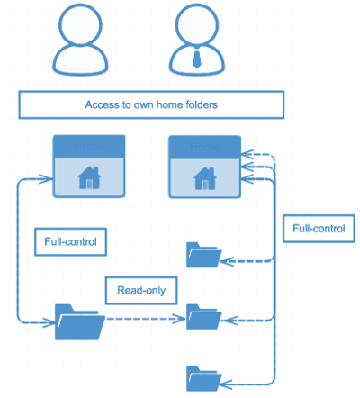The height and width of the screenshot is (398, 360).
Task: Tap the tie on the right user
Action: pos(196,59)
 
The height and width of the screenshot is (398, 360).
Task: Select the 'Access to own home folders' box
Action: pos(151,104)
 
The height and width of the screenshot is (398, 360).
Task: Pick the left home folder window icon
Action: pos(88,166)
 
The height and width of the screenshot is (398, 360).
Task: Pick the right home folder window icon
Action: pos(205,166)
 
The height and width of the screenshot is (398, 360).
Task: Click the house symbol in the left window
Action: pos(88,177)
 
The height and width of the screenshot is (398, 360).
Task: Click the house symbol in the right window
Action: pos(205,177)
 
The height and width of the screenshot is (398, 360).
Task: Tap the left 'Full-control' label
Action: pos(70,242)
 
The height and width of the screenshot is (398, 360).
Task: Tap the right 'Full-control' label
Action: pos(318,229)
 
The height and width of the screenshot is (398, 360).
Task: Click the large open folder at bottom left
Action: pos(79,321)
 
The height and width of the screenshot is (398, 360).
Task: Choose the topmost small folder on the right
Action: pos(202,256)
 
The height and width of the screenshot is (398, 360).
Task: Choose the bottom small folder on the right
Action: pos(202,378)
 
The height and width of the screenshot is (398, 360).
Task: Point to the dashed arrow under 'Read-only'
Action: pos(144,319)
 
